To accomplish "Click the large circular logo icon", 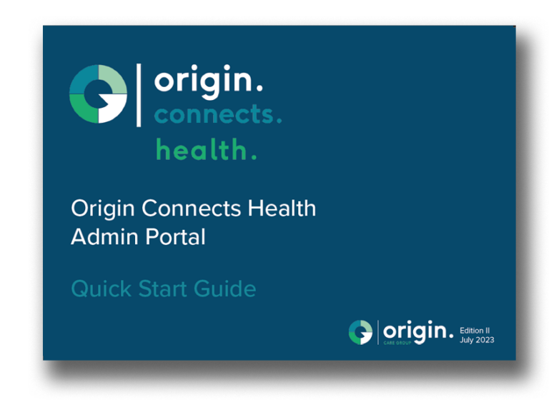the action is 98,94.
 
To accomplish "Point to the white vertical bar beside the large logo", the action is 139,95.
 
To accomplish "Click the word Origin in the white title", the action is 103,209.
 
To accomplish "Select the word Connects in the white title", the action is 191,208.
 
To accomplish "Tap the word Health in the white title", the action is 282,208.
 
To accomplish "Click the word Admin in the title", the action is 104,237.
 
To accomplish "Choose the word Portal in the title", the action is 175,237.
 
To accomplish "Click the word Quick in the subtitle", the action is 102,289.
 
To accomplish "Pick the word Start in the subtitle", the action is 162,289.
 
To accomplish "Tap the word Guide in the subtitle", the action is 224,289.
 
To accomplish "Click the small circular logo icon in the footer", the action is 360,332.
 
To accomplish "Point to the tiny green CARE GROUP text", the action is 397,343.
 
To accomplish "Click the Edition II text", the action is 475,331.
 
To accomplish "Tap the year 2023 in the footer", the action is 485,340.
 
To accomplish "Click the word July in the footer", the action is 466,341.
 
